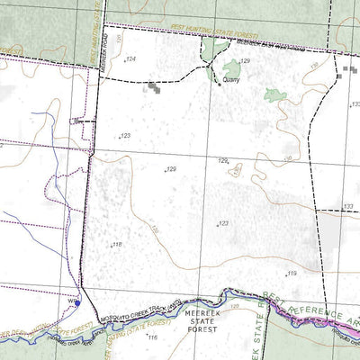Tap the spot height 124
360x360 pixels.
tap(131, 59)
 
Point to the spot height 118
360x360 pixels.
tap(116, 244)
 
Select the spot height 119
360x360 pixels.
tap(292, 273)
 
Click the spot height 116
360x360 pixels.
tap(152, 337)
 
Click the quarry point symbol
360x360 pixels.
tap(217, 87)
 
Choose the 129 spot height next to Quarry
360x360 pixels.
tap(244, 60)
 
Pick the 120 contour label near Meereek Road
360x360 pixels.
tap(117, 36)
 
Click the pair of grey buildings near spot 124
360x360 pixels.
tap(157, 88)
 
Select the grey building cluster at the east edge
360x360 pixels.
tap(348, 70)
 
